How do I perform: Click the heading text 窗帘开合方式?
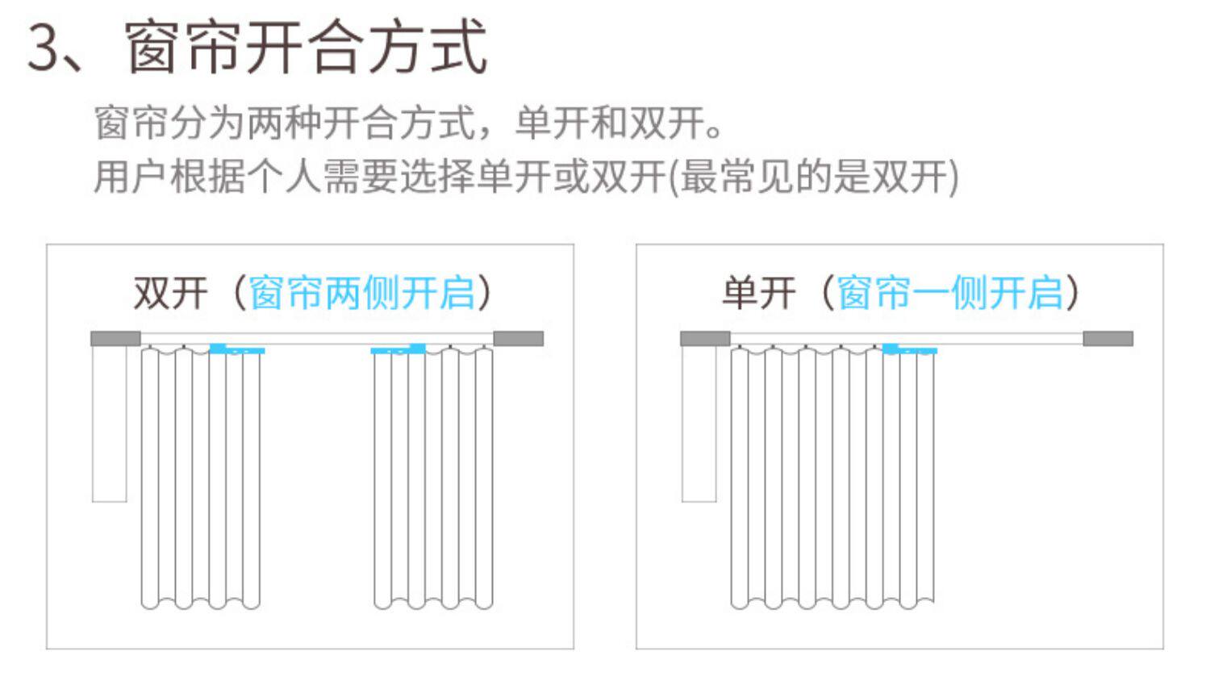coord(307,47)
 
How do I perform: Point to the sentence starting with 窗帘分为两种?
coord(408,123)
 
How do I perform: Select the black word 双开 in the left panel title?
coord(171,293)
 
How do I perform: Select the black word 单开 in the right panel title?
coord(759,293)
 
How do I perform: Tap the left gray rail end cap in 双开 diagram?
coord(115,338)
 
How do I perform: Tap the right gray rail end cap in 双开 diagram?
coord(519,338)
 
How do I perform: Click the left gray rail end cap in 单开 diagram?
coord(705,338)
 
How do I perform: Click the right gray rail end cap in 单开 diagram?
coord(1108,338)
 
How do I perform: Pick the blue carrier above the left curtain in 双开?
coord(237,349)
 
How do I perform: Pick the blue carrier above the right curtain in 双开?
coord(398,349)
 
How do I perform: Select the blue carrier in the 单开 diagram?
coord(910,349)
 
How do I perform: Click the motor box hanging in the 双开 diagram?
coord(110,424)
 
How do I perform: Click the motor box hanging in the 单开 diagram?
coord(699,424)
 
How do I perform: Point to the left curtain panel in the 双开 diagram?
coord(200,478)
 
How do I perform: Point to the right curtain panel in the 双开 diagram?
coord(433,478)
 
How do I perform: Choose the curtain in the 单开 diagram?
coord(832,478)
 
